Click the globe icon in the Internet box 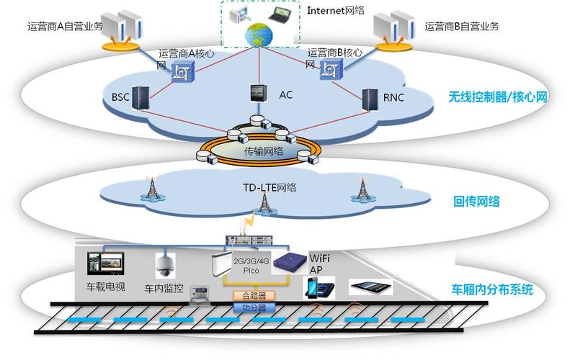click(x=256, y=35)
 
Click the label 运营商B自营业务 click(x=462, y=27)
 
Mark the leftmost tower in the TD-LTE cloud click(x=152, y=189)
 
